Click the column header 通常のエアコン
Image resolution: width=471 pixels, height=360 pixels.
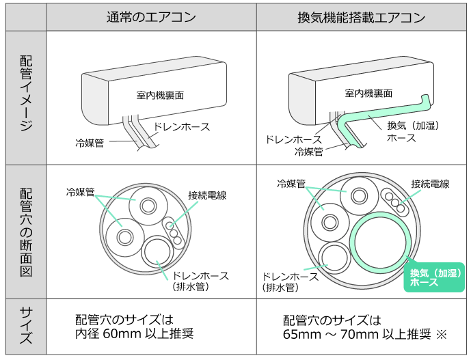(151, 17)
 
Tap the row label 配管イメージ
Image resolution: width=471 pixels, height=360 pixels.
(26, 96)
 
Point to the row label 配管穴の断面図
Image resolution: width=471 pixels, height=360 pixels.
(26, 231)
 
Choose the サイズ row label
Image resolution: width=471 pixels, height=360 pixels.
(26, 327)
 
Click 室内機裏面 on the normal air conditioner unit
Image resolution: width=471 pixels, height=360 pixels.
(156, 94)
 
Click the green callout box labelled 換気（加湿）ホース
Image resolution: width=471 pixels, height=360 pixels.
(434, 277)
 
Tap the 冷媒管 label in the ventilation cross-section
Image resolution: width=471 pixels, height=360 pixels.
(291, 184)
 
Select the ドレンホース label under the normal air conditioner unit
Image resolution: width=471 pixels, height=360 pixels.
(181, 126)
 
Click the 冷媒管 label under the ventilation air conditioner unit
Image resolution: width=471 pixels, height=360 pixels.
(308, 152)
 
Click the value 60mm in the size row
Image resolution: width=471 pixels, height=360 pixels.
(118, 334)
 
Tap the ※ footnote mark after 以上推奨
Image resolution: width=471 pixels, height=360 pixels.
(441, 334)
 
